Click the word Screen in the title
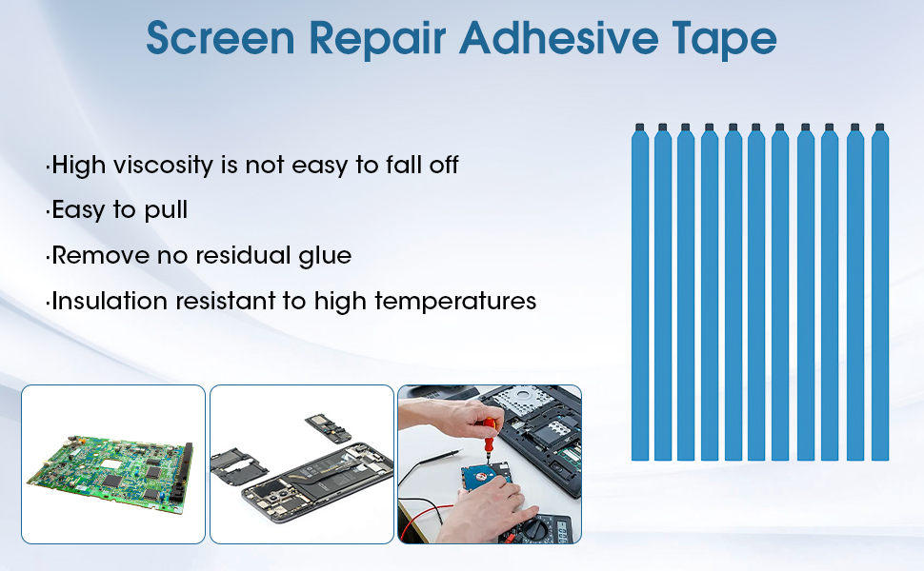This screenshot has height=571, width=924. [x=220, y=38]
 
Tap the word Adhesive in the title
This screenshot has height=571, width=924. [x=558, y=38]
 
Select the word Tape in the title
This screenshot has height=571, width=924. [x=724, y=40]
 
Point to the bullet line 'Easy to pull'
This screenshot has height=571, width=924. [x=117, y=210]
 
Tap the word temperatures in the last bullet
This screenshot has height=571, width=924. [x=455, y=302]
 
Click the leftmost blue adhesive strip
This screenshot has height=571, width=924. [x=640, y=293]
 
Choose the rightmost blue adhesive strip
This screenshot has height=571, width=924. [x=880, y=293]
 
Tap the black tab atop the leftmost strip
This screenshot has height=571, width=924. [x=640, y=128]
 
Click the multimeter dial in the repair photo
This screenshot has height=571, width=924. [x=533, y=526]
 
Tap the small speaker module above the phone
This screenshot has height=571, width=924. [x=329, y=428]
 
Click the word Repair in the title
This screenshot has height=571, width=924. [x=378, y=40]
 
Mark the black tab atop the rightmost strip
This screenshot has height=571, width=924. [x=880, y=128]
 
